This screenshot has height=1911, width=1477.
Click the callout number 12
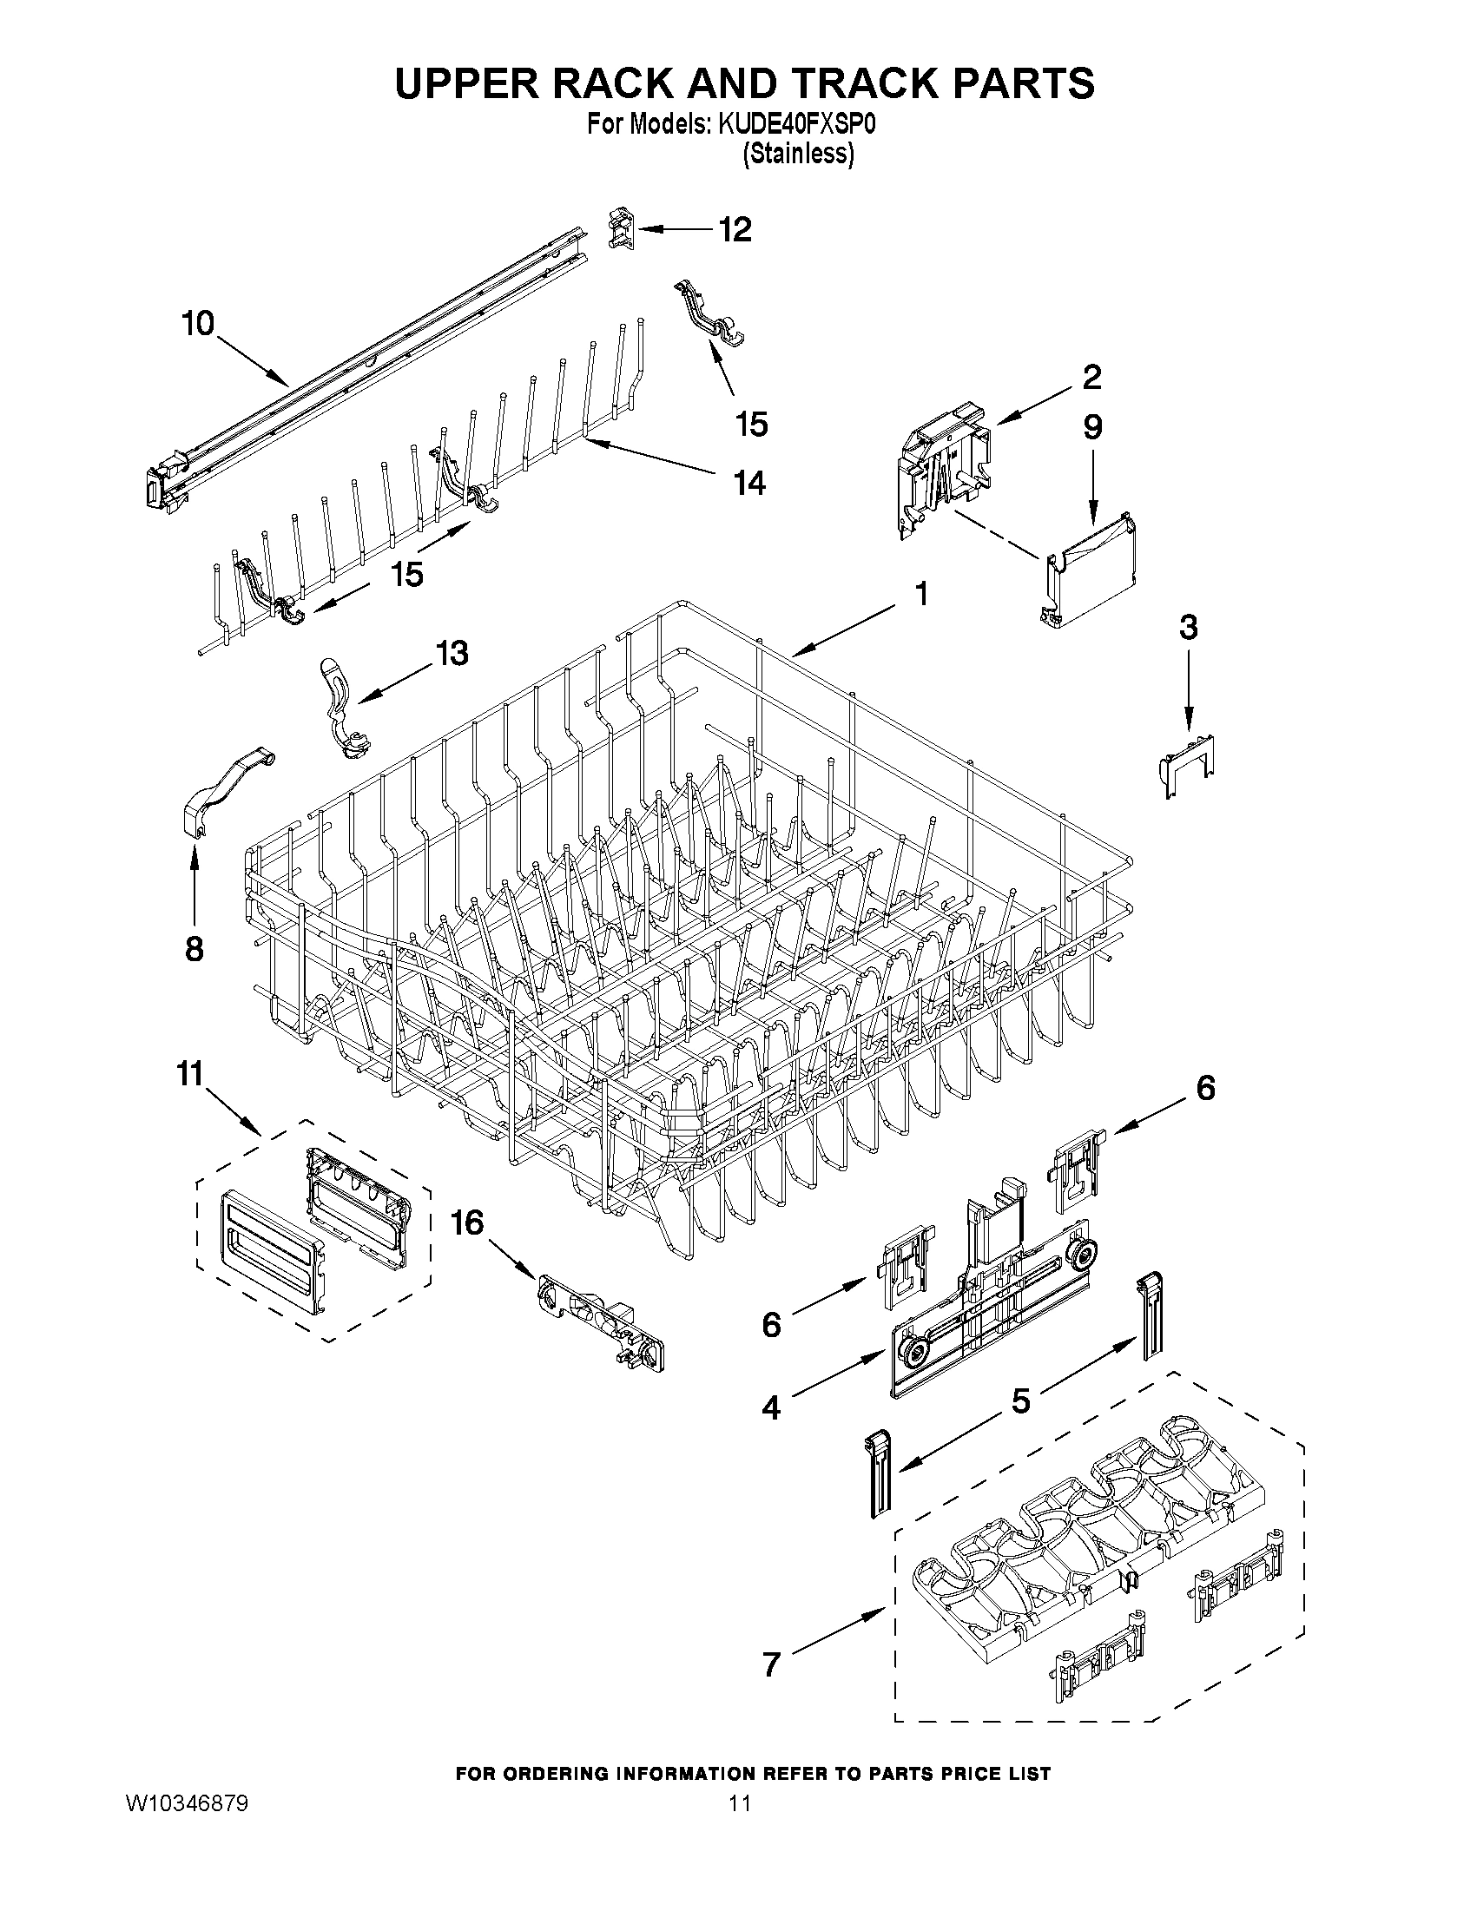coord(734,230)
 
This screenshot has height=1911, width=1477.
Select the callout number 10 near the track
coord(198,324)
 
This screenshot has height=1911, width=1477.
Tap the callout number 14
coord(750,482)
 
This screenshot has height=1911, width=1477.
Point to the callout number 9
coord(1092,427)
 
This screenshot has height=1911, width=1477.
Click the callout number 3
coord(1188,628)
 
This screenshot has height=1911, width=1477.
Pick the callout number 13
coord(452,653)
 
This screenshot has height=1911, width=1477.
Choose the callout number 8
coord(195,948)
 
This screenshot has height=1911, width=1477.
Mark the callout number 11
coord(190,1074)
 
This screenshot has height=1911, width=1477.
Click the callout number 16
coord(467,1222)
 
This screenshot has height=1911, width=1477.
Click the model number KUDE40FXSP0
coord(797,125)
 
